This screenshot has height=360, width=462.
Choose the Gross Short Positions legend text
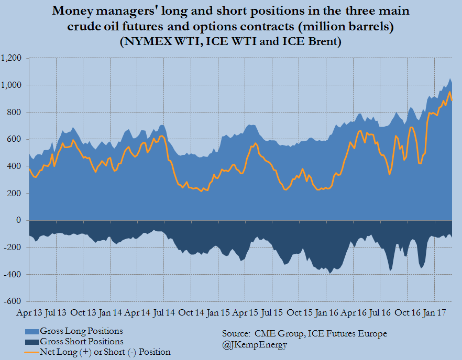[82, 342]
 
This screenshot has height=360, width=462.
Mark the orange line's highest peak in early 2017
[450, 93]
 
